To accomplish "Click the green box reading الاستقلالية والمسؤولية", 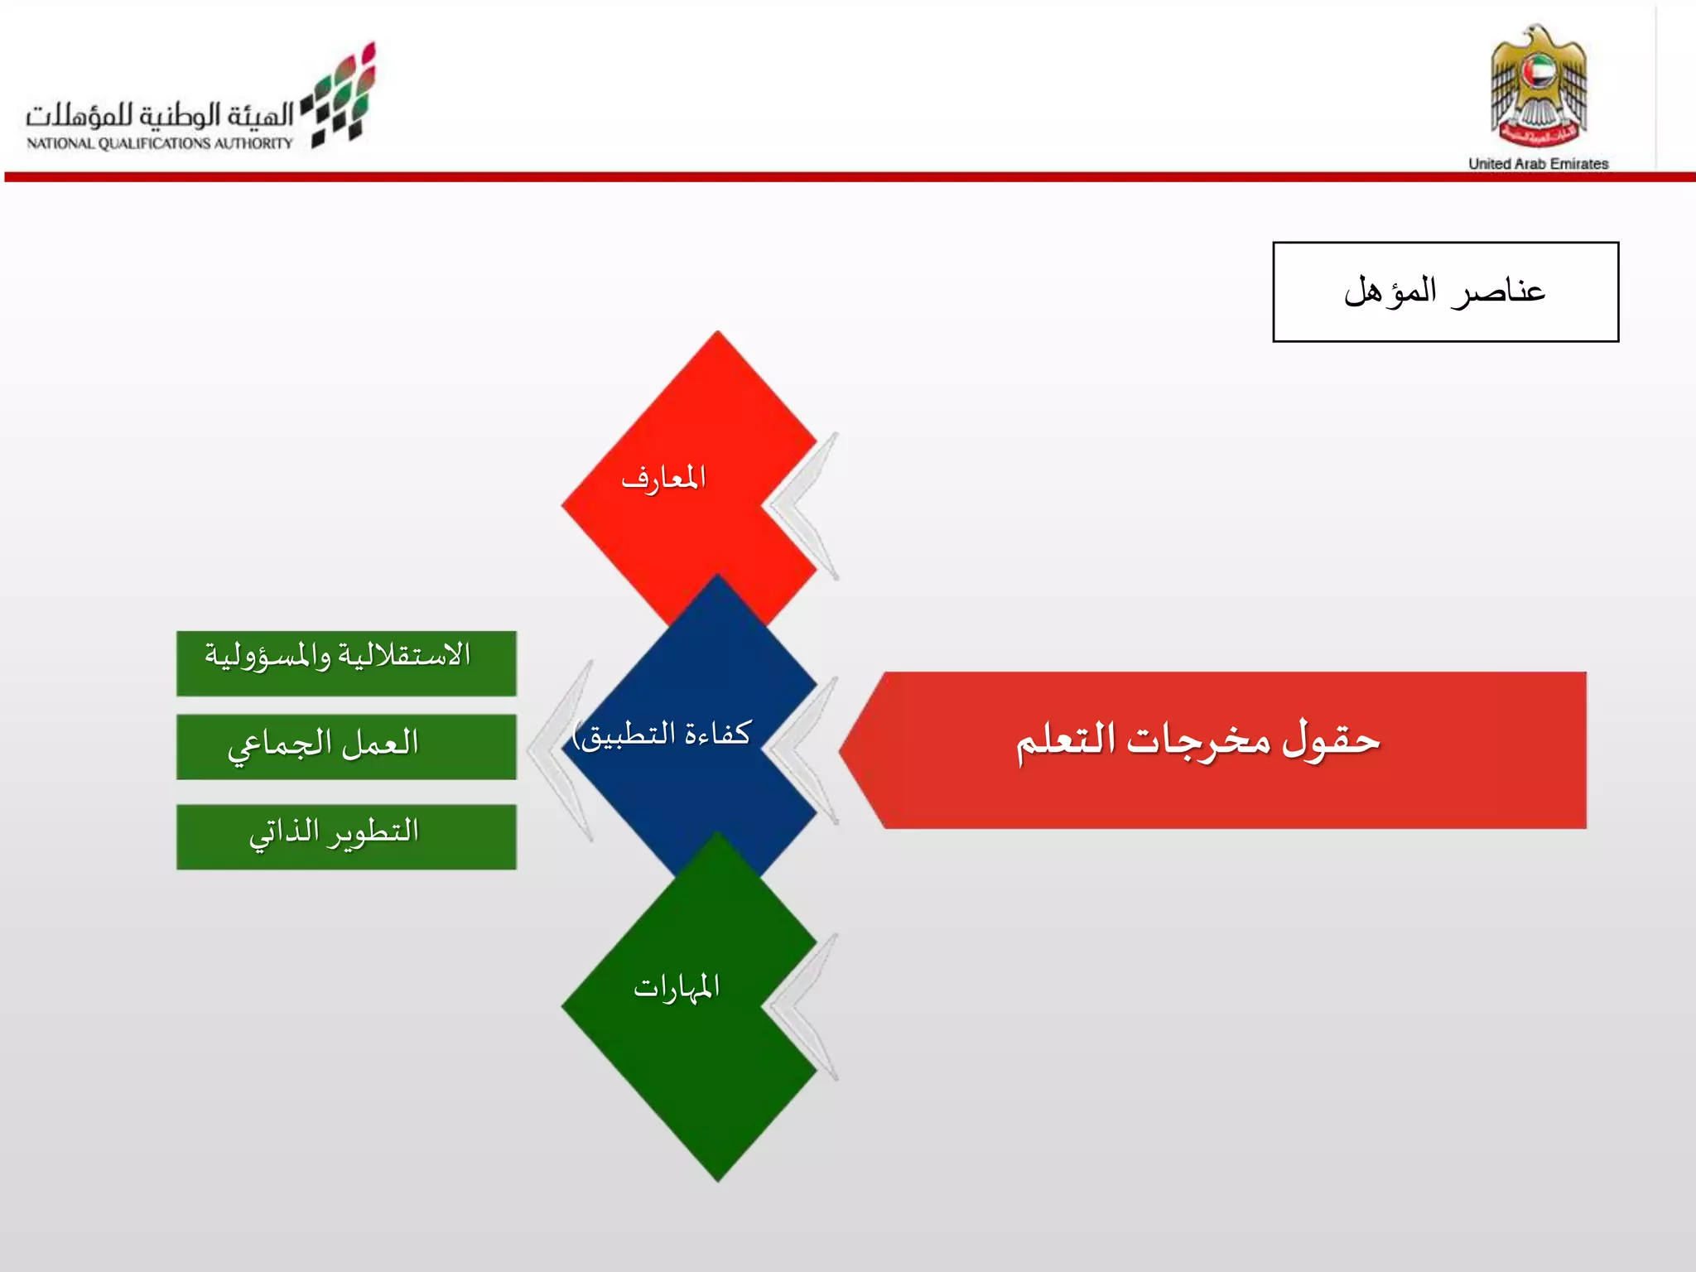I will (346, 663).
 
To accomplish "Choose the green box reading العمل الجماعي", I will (346, 746).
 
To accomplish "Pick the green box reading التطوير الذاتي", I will (346, 836).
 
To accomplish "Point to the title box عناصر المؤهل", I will (1445, 291).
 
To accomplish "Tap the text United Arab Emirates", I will (1538, 164).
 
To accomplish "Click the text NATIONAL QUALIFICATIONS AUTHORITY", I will (160, 143).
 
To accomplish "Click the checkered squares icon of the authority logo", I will (342, 98).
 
